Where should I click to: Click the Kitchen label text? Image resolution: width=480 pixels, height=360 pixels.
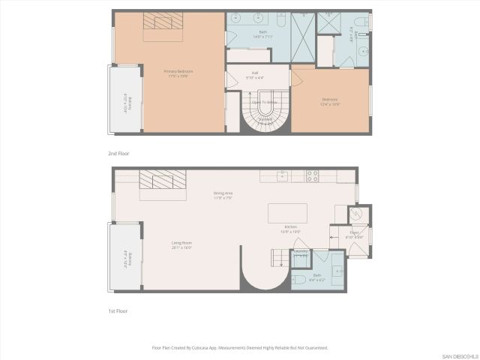pyautogui.click(x=290, y=229)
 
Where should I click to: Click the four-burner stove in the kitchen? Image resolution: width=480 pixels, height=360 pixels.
pyautogui.click(x=312, y=176)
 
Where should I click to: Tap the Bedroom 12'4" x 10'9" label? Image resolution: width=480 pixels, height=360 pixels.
pyautogui.click(x=330, y=101)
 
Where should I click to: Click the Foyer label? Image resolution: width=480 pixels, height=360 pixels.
pyautogui.click(x=353, y=234)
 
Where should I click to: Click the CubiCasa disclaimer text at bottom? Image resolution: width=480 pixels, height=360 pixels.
pyautogui.click(x=240, y=347)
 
